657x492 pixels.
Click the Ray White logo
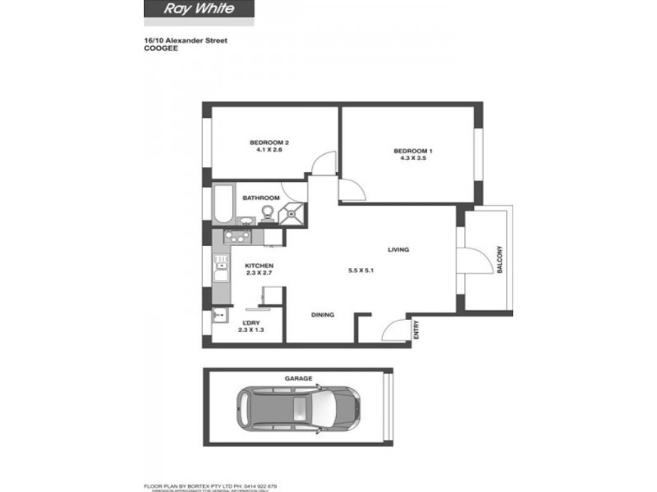coord(200,9)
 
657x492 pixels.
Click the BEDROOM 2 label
coord(269,143)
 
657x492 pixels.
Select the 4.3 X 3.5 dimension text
coord(410,158)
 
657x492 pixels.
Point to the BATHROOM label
coord(260,198)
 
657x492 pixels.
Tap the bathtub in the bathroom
coord(223,204)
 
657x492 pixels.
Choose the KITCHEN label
coord(259,266)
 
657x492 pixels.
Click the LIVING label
coord(398,250)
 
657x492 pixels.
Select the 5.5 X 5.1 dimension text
coord(361,271)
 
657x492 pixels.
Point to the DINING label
coord(323,315)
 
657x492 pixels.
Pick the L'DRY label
coord(250,322)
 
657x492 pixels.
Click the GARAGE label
coord(299,379)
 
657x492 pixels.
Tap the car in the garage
coord(297,409)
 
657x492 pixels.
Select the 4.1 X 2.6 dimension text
coord(269,150)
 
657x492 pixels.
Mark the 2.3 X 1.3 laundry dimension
coord(250,330)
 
